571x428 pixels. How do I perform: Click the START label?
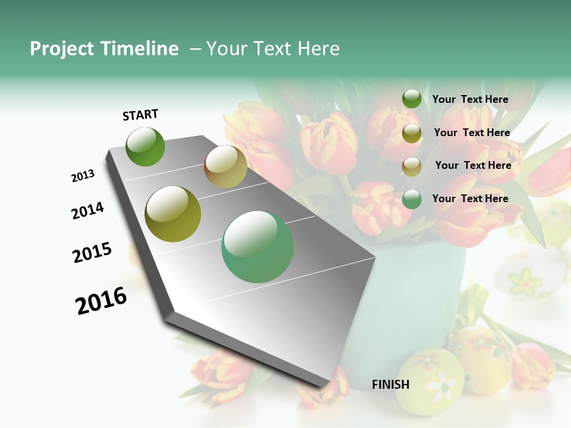140,115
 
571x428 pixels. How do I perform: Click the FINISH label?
391,385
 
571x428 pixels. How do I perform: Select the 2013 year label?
83,176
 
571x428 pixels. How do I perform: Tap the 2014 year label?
87,210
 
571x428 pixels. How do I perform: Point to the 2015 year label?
92,253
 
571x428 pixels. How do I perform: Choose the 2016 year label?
101,301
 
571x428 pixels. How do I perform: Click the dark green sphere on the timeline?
145,147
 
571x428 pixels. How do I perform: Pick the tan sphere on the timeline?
225,166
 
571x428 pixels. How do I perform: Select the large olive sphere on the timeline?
173,214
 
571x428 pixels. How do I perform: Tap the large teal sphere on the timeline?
258,247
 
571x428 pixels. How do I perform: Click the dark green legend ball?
412,99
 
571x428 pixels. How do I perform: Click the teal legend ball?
412,199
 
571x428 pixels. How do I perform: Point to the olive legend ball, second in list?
412,133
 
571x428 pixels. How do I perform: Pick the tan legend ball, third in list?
412,166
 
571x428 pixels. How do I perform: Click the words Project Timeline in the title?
104,49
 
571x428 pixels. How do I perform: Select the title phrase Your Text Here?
272,49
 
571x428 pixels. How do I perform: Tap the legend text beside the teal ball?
470,199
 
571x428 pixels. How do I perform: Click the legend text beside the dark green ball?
470,99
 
